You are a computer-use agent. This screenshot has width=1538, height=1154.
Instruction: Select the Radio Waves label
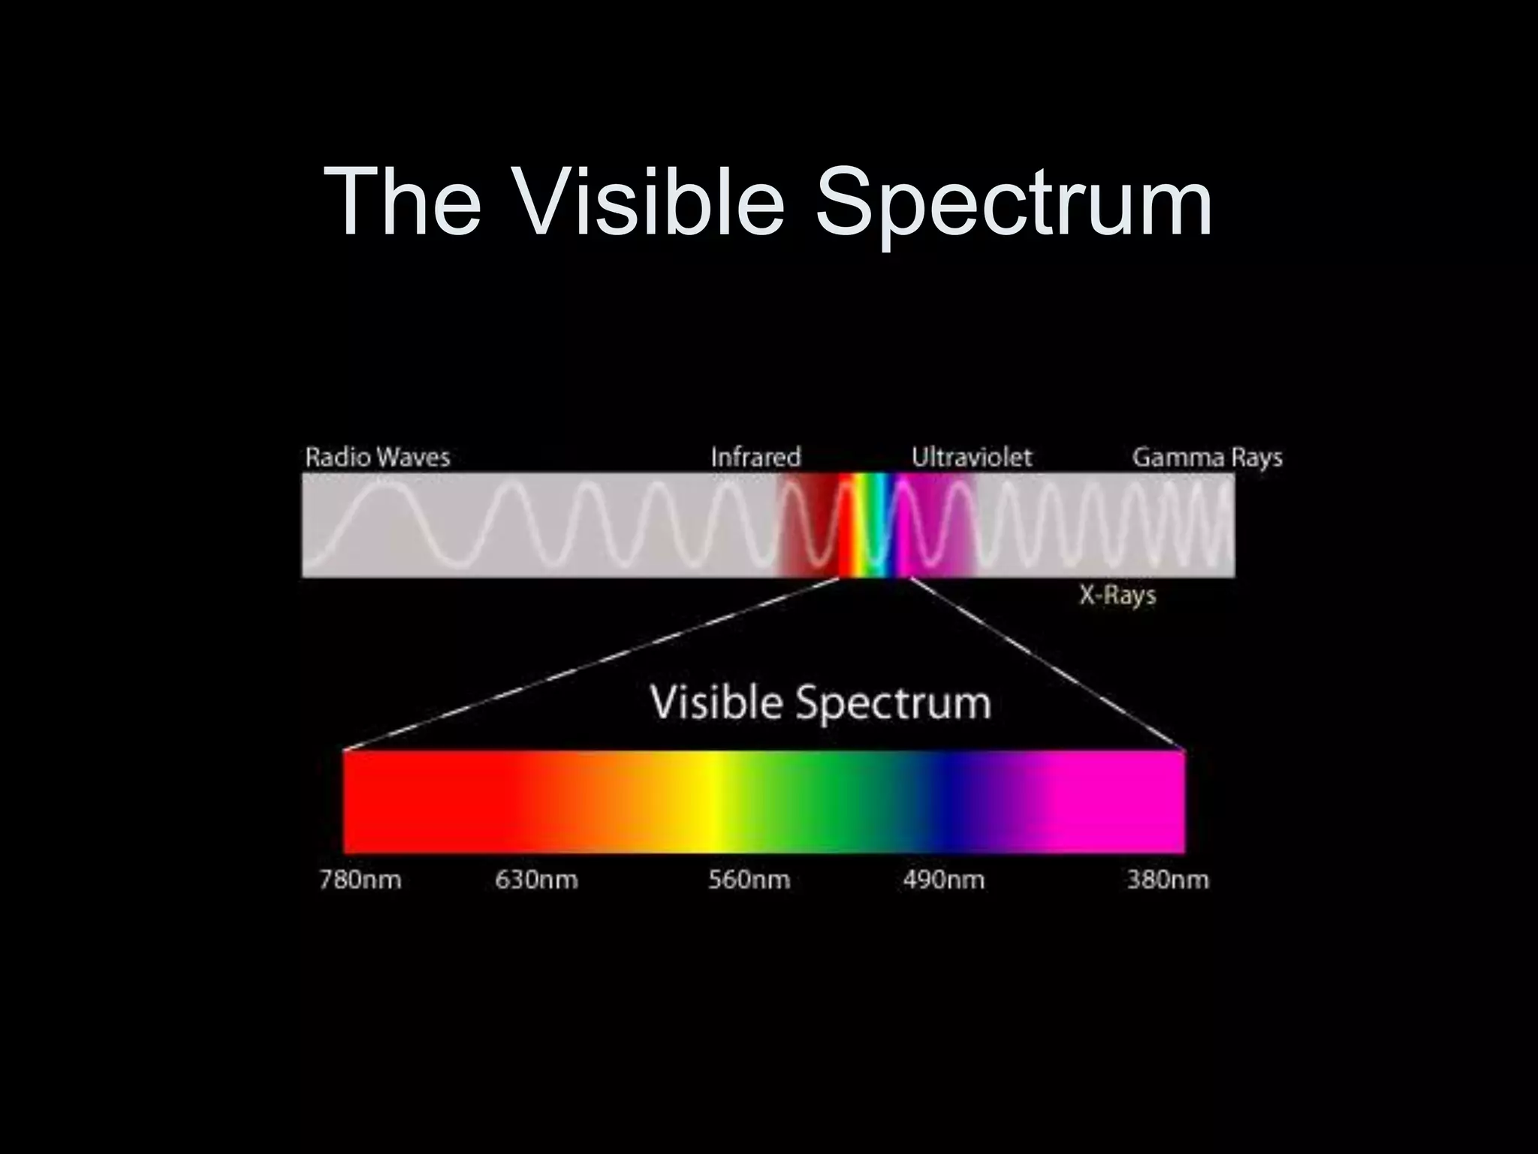click(x=377, y=457)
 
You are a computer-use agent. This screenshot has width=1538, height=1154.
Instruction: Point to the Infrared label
click(x=755, y=457)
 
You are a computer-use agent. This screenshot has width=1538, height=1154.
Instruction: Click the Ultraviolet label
click(x=972, y=457)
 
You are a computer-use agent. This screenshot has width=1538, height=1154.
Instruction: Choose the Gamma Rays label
click(x=1207, y=457)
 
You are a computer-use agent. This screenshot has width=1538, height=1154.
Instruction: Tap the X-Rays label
click(x=1117, y=595)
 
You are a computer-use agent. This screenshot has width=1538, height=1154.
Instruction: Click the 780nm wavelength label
click(x=360, y=880)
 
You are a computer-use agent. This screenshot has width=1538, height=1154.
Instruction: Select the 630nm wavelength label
click(x=536, y=880)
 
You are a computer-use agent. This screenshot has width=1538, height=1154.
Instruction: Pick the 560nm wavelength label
click(x=749, y=880)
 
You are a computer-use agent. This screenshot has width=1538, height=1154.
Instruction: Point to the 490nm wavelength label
click(x=943, y=880)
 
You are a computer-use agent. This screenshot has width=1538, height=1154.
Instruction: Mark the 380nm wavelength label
click(x=1168, y=880)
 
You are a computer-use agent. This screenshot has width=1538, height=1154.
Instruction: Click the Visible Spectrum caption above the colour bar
click(x=820, y=702)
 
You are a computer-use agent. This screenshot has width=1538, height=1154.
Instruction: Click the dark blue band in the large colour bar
click(x=954, y=802)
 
